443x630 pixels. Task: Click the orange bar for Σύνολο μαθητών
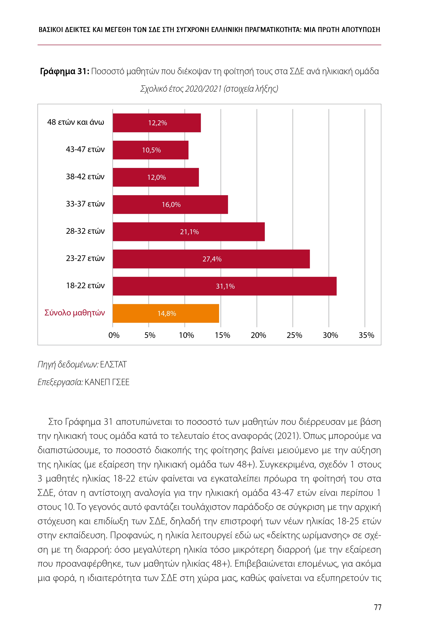click(166, 313)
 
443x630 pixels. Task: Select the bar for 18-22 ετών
click(224, 286)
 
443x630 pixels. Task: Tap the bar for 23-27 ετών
click(211, 259)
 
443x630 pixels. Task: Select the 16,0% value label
click(171, 204)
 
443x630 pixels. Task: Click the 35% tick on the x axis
click(366, 335)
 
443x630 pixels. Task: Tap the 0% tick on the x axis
click(114, 335)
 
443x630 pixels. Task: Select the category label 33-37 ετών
click(85, 204)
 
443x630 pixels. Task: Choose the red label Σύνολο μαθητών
click(75, 313)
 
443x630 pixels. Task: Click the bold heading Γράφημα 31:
click(65, 71)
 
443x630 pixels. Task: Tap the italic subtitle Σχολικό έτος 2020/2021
click(209, 89)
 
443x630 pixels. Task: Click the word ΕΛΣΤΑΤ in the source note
click(113, 364)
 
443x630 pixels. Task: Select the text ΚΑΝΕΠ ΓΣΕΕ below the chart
click(107, 382)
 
